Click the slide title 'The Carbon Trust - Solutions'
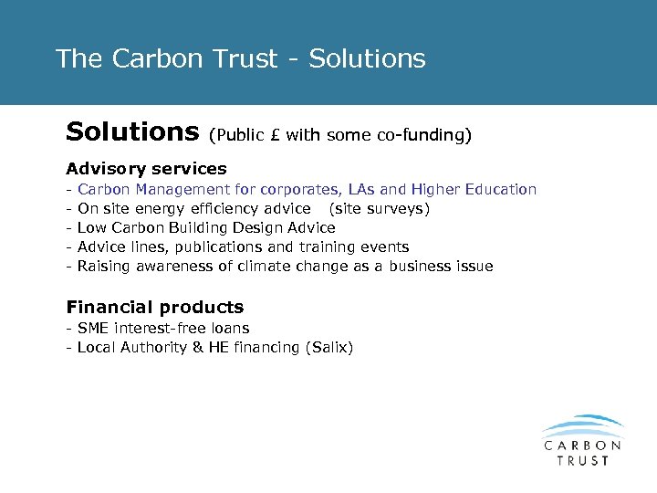point(240,59)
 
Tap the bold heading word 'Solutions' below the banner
point(132,133)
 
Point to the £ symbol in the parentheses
point(276,136)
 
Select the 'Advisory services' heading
point(146,169)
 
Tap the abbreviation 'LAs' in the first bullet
point(362,190)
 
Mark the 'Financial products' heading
point(155,308)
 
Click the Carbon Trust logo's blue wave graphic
point(582,425)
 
